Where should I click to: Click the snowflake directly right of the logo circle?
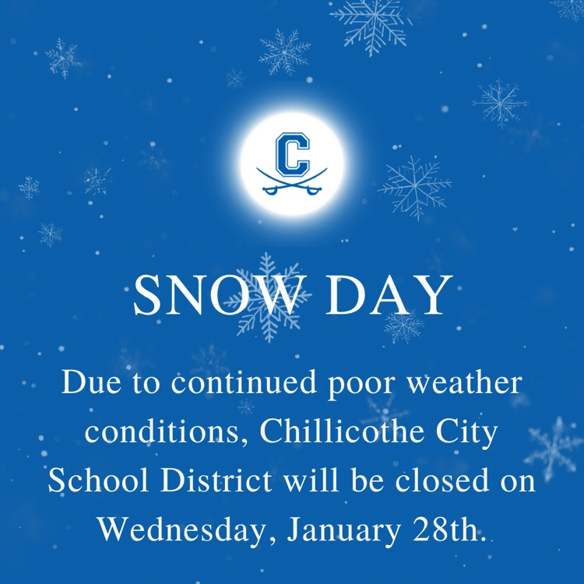coord(415,188)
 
